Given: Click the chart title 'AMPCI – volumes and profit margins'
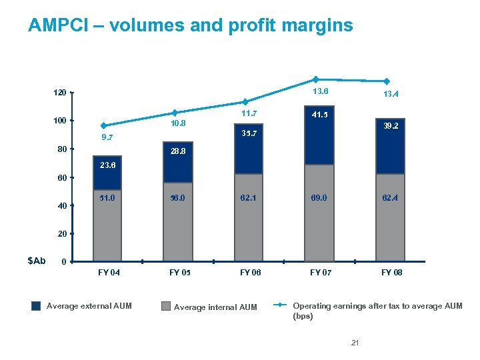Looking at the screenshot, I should click(x=190, y=26).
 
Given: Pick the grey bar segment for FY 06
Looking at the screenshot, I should click(x=248, y=217).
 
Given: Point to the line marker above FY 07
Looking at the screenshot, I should click(x=316, y=79).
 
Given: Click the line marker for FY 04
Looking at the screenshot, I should click(x=103, y=125).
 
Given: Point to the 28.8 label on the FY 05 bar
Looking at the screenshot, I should click(x=177, y=152).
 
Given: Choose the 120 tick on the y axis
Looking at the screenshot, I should click(x=60, y=93).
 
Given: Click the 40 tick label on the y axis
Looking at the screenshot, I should click(x=62, y=206).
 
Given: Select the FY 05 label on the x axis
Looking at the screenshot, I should click(x=178, y=273).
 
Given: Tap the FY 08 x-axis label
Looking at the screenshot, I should click(x=391, y=273).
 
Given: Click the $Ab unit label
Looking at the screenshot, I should click(x=36, y=260).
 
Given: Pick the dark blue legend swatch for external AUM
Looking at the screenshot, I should click(x=36, y=307).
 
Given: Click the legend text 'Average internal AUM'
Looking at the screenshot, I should click(x=215, y=307).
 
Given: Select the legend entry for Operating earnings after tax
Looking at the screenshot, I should click(x=377, y=311).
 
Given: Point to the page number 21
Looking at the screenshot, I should click(x=355, y=343).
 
